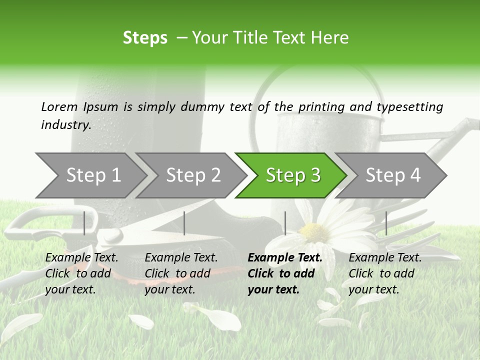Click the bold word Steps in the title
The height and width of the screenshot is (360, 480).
click(145, 38)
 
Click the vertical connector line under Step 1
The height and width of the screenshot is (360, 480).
click(84, 223)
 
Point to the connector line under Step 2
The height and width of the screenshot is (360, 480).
click(184, 223)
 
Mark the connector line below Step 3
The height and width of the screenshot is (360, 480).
click(285, 223)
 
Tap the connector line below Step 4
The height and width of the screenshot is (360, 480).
click(386, 223)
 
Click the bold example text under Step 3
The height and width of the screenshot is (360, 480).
click(285, 273)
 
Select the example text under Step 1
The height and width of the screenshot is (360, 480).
click(81, 273)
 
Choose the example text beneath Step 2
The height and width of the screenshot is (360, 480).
click(181, 273)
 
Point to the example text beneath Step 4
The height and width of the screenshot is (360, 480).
click(385, 273)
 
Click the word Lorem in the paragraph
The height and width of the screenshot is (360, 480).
click(59, 106)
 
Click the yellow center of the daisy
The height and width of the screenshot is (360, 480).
click(314, 232)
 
